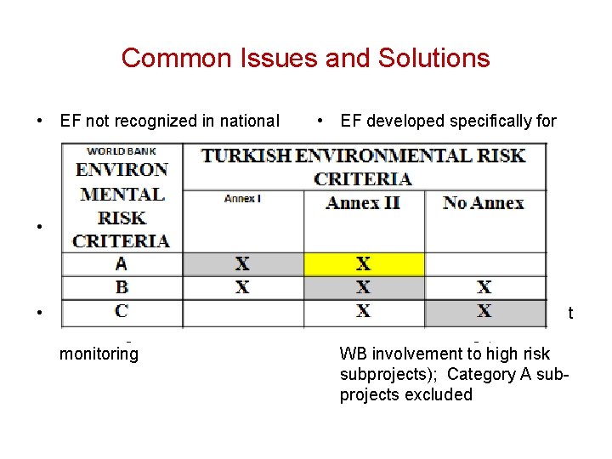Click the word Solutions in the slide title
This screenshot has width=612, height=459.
click(436, 58)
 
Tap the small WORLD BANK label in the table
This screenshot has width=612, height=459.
click(122, 151)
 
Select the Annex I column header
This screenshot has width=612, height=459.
click(242, 199)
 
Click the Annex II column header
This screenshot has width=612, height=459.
click(363, 202)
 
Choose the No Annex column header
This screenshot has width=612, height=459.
click(484, 202)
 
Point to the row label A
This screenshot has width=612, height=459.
click(122, 264)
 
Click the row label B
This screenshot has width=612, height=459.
click(122, 287)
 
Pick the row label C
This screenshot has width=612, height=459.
click(122, 311)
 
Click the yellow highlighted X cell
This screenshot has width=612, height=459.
click(363, 264)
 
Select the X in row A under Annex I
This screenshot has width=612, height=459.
click(242, 264)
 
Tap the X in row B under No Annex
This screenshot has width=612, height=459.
click(484, 287)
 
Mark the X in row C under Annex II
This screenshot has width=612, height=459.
click(363, 311)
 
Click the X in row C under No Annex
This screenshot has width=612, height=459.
click(484, 311)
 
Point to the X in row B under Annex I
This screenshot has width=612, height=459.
click(242, 287)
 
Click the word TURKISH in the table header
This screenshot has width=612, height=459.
click(247, 156)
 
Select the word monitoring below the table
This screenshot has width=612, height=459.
click(99, 354)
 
